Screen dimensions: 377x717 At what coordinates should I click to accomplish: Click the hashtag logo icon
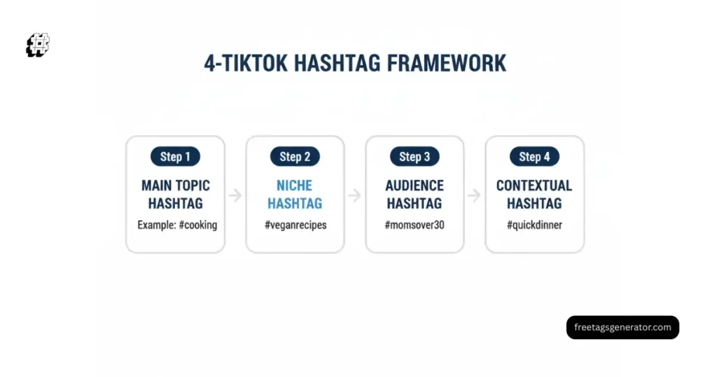(x=38, y=45)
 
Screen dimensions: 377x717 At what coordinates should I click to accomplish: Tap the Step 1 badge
(x=175, y=156)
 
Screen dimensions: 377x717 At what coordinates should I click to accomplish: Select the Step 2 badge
(x=295, y=156)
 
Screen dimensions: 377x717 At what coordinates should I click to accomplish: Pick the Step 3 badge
(x=415, y=156)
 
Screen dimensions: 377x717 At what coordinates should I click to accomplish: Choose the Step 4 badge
(x=534, y=156)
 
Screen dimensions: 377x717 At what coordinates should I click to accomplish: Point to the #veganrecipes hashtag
(x=295, y=225)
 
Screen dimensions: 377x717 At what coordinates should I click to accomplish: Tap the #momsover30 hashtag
(x=415, y=225)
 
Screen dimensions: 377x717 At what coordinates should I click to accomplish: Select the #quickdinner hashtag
(x=534, y=225)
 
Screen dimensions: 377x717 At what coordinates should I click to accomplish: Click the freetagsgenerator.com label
(x=622, y=327)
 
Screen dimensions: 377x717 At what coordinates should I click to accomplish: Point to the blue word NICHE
(x=295, y=186)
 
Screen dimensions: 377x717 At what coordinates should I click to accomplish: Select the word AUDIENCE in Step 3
(x=415, y=186)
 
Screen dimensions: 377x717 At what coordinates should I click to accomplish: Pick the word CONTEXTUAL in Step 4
(x=534, y=186)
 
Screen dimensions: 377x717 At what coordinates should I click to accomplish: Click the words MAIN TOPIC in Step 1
(x=175, y=186)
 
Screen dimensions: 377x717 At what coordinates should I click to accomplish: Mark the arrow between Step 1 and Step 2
(x=235, y=196)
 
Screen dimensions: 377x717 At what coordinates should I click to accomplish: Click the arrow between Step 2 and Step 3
(x=355, y=196)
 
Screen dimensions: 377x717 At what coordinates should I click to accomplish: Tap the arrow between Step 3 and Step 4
(x=475, y=196)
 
